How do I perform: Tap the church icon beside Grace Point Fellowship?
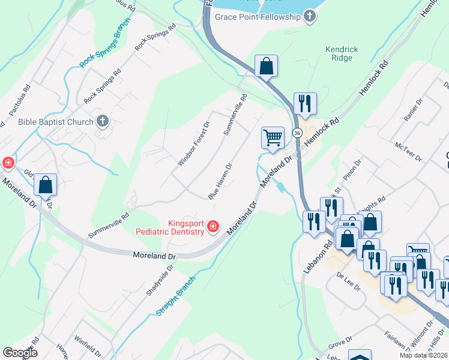(310, 16)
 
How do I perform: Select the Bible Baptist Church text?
(56, 122)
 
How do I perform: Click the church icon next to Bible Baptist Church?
(103, 122)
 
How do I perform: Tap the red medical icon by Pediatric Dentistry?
(212, 226)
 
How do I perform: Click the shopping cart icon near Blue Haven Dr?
(273, 138)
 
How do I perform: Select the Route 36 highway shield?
(297, 132)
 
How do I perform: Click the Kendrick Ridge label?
(342, 53)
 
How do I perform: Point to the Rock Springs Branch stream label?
(105, 46)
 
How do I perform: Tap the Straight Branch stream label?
(176, 296)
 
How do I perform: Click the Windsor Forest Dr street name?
(193, 144)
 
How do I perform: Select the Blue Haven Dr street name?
(220, 181)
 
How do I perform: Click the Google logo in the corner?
(20, 353)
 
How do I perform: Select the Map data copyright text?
(424, 355)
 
